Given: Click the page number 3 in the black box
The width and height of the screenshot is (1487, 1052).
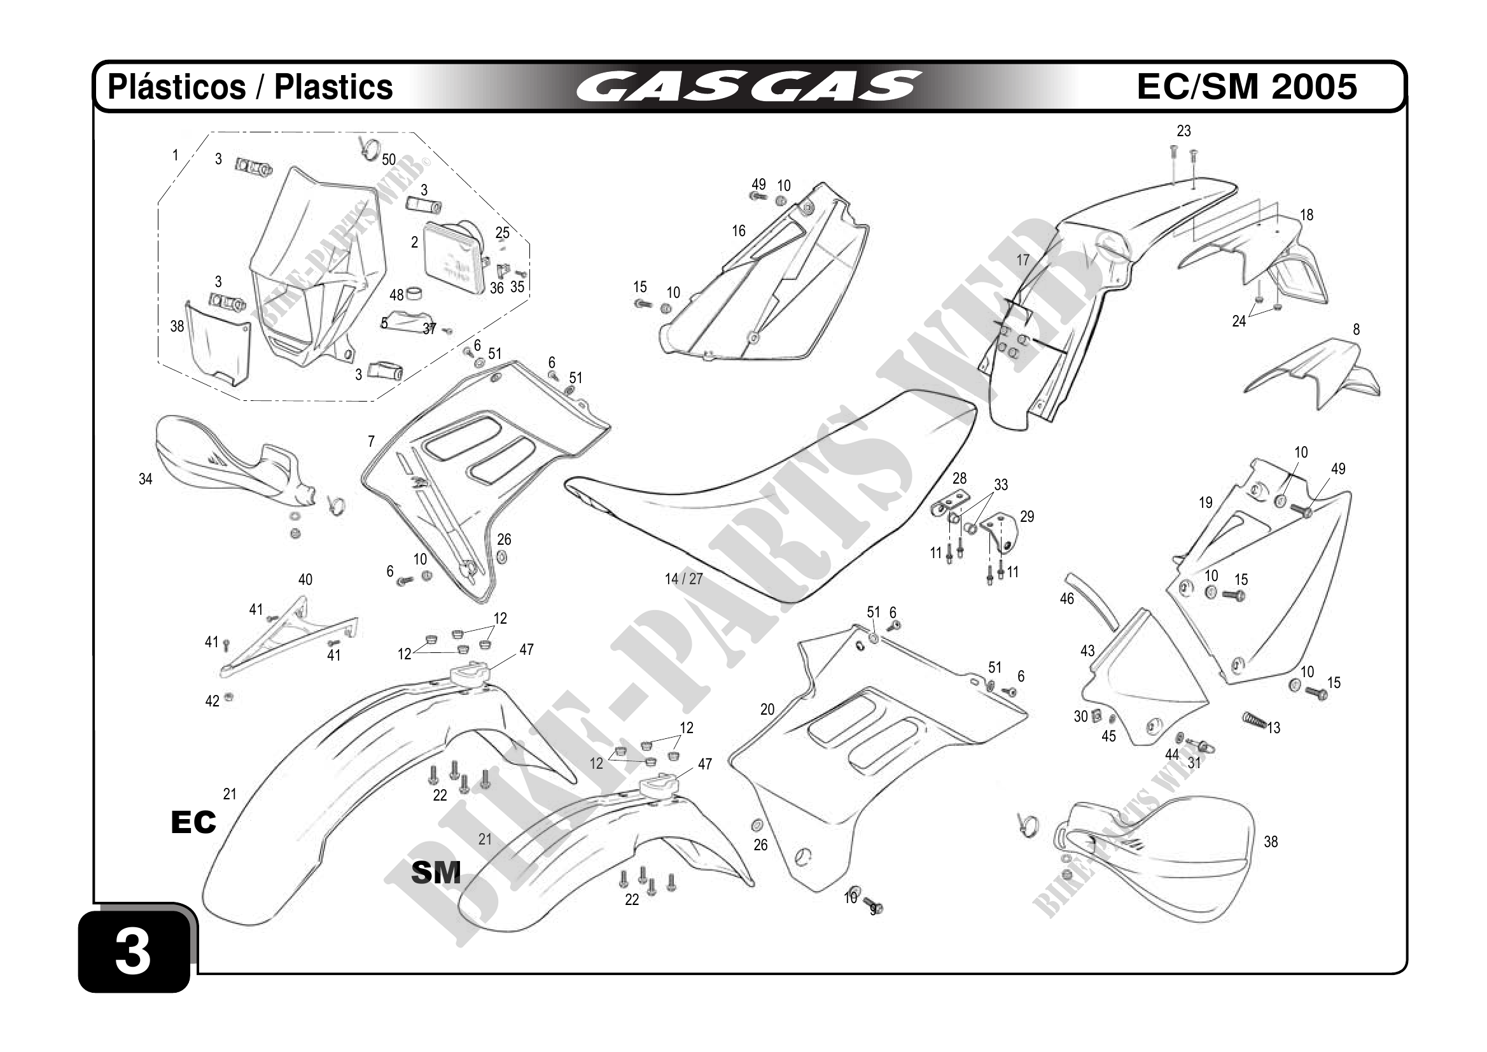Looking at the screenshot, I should (133, 952).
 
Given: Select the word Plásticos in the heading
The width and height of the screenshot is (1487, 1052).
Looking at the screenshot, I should (177, 87).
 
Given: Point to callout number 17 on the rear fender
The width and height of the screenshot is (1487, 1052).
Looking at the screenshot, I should (1023, 260).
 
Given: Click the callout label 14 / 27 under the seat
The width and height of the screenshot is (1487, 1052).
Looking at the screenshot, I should (683, 579).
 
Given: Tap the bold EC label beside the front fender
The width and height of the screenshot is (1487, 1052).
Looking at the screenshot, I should (193, 822).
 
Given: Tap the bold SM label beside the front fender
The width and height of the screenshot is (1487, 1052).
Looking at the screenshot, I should (436, 873).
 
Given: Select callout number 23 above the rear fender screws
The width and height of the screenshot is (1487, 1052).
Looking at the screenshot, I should (1184, 131).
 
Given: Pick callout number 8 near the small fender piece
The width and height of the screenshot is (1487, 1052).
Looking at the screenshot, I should (1356, 329).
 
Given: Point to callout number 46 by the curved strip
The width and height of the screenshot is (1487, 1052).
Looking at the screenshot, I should (1066, 598).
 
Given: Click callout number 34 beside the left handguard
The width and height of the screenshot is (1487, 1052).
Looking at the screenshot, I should (146, 479).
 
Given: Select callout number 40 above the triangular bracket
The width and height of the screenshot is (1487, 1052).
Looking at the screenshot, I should (305, 579).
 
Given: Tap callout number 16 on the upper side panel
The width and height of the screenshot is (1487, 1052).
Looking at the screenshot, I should (739, 230).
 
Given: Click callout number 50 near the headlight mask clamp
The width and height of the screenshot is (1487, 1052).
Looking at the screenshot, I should (389, 159).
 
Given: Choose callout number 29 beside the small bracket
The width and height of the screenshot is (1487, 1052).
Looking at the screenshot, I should (1027, 516).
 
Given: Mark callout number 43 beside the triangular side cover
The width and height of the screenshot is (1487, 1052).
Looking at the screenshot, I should (1087, 650).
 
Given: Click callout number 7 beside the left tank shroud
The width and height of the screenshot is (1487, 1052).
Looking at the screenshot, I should (371, 441).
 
